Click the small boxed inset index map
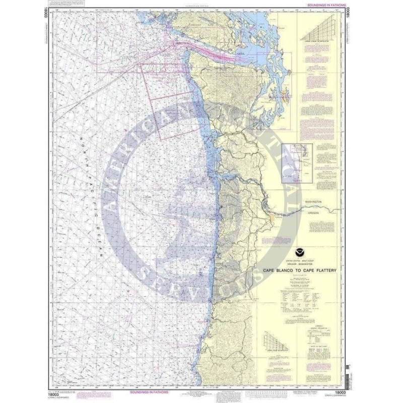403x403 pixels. click(297, 162)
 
